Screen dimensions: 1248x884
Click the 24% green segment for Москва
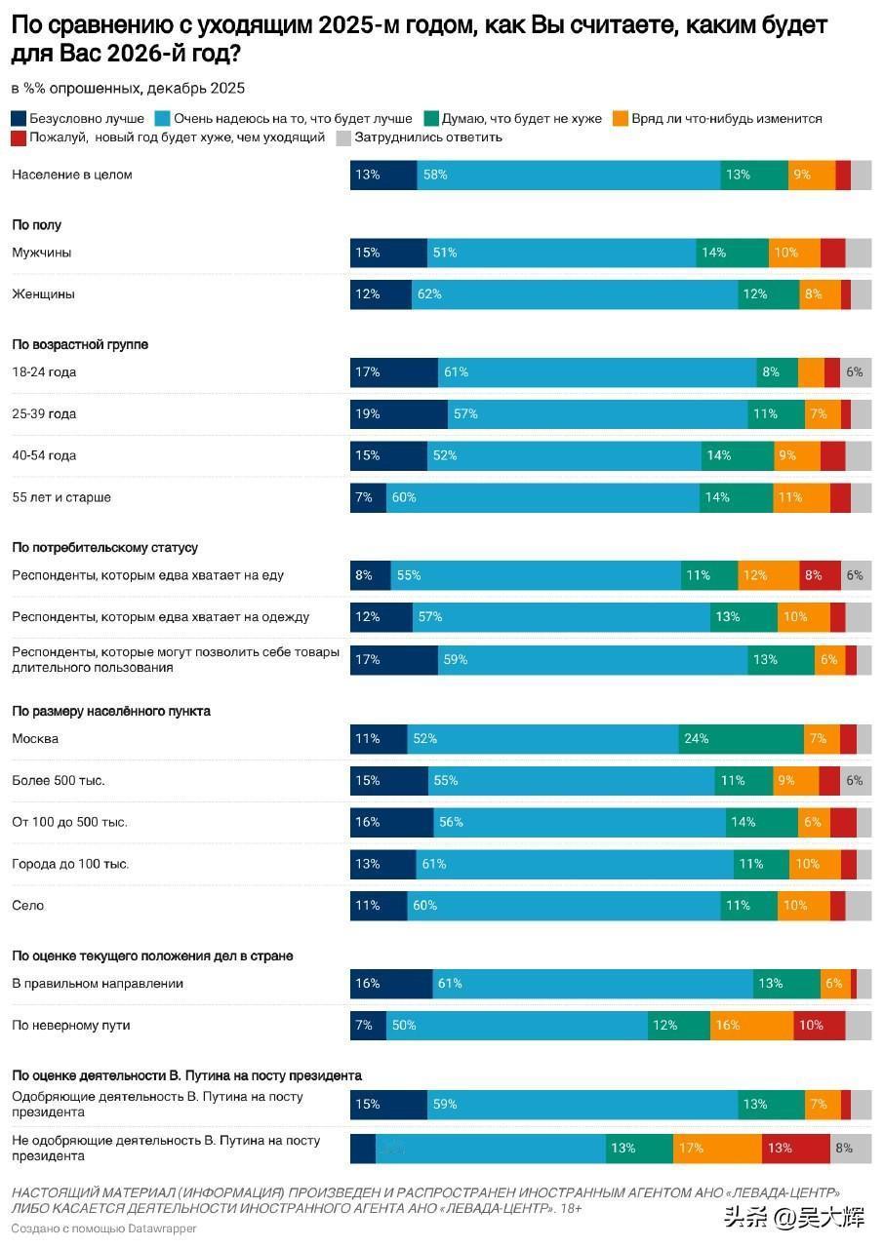click(x=741, y=739)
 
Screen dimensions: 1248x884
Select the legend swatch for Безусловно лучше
click(x=20, y=119)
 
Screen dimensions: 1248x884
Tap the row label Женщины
click(x=43, y=294)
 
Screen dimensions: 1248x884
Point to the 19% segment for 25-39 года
click(x=399, y=414)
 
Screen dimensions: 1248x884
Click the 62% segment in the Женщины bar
click(x=574, y=294)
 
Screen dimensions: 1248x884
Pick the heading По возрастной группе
click(x=80, y=345)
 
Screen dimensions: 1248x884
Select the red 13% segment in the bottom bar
click(x=795, y=1149)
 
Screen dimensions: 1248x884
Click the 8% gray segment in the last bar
click(x=850, y=1149)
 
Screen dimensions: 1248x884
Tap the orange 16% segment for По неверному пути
click(x=751, y=1026)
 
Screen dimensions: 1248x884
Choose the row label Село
click(x=28, y=906)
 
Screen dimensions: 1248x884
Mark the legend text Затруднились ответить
click(x=428, y=137)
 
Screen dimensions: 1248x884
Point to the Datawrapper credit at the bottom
click(x=104, y=1228)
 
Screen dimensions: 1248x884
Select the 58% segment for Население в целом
click(x=568, y=175)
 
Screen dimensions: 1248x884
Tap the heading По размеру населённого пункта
click(x=111, y=712)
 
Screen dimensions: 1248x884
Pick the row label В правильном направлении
click(x=98, y=984)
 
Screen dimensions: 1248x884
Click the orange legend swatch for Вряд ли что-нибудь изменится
click(x=619, y=119)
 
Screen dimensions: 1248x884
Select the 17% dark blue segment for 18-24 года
click(x=393, y=372)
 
